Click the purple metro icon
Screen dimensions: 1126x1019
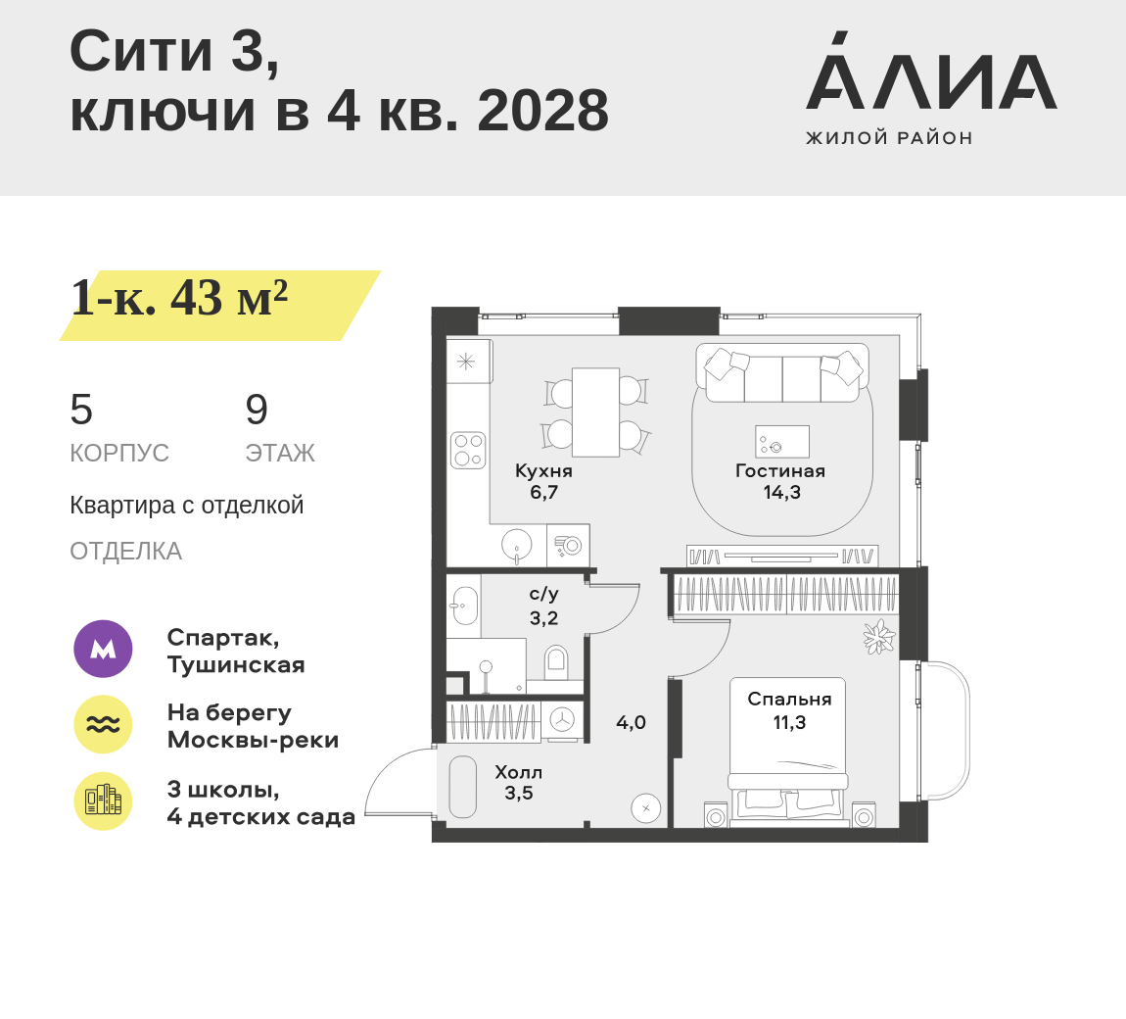tap(104, 649)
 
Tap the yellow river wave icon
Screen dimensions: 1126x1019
tap(104, 724)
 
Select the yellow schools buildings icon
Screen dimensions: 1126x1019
tap(104, 801)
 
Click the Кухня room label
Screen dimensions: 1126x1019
tap(543, 471)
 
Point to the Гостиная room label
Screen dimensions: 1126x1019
tap(780, 471)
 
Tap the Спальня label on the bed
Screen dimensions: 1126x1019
tap(789, 700)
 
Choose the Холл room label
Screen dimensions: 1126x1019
tap(519, 772)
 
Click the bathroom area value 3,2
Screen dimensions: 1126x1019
tap(543, 618)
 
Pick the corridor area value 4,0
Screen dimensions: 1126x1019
tap(631, 722)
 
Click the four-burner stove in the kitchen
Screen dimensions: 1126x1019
tap(468, 451)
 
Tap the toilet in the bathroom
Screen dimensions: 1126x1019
tap(556, 661)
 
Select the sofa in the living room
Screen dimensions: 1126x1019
tap(782, 373)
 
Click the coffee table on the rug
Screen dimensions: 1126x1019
tap(782, 441)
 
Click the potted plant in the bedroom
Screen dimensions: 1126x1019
tap(878, 637)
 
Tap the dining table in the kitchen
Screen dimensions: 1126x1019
tap(595, 412)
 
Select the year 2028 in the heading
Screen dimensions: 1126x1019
tap(542, 111)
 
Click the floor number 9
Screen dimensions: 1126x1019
tap(257, 410)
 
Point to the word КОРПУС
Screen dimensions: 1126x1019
tap(119, 454)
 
